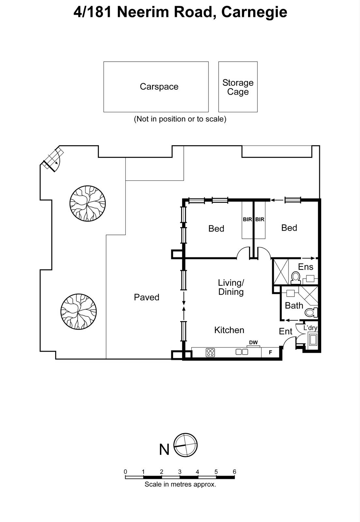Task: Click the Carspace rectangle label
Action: pyautogui.click(x=159, y=86)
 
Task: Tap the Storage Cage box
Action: pyautogui.click(x=238, y=87)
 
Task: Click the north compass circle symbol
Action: pyautogui.click(x=186, y=445)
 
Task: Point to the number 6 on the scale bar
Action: pyautogui.click(x=234, y=471)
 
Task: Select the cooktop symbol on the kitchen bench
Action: pyautogui.click(x=210, y=352)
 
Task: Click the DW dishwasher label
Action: pyautogui.click(x=253, y=343)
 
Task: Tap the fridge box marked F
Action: pyautogui.click(x=270, y=352)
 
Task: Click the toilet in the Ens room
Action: pyautogui.click(x=296, y=278)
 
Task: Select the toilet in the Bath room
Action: pyautogui.click(x=311, y=313)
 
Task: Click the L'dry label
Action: pyautogui.click(x=310, y=328)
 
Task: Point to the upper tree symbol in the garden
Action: pyautogui.click(x=88, y=204)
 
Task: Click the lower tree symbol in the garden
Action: pyautogui.click(x=79, y=311)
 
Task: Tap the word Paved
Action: pyautogui.click(x=147, y=297)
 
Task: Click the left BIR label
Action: pyautogui.click(x=247, y=220)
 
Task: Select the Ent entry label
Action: pyautogui.click(x=286, y=331)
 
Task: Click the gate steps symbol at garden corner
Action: pyautogui.click(x=52, y=160)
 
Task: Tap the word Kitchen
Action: pyautogui.click(x=229, y=330)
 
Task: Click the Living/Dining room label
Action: pyautogui.click(x=231, y=287)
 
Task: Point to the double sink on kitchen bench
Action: pyautogui.click(x=242, y=352)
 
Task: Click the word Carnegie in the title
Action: pyautogui.click(x=254, y=12)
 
